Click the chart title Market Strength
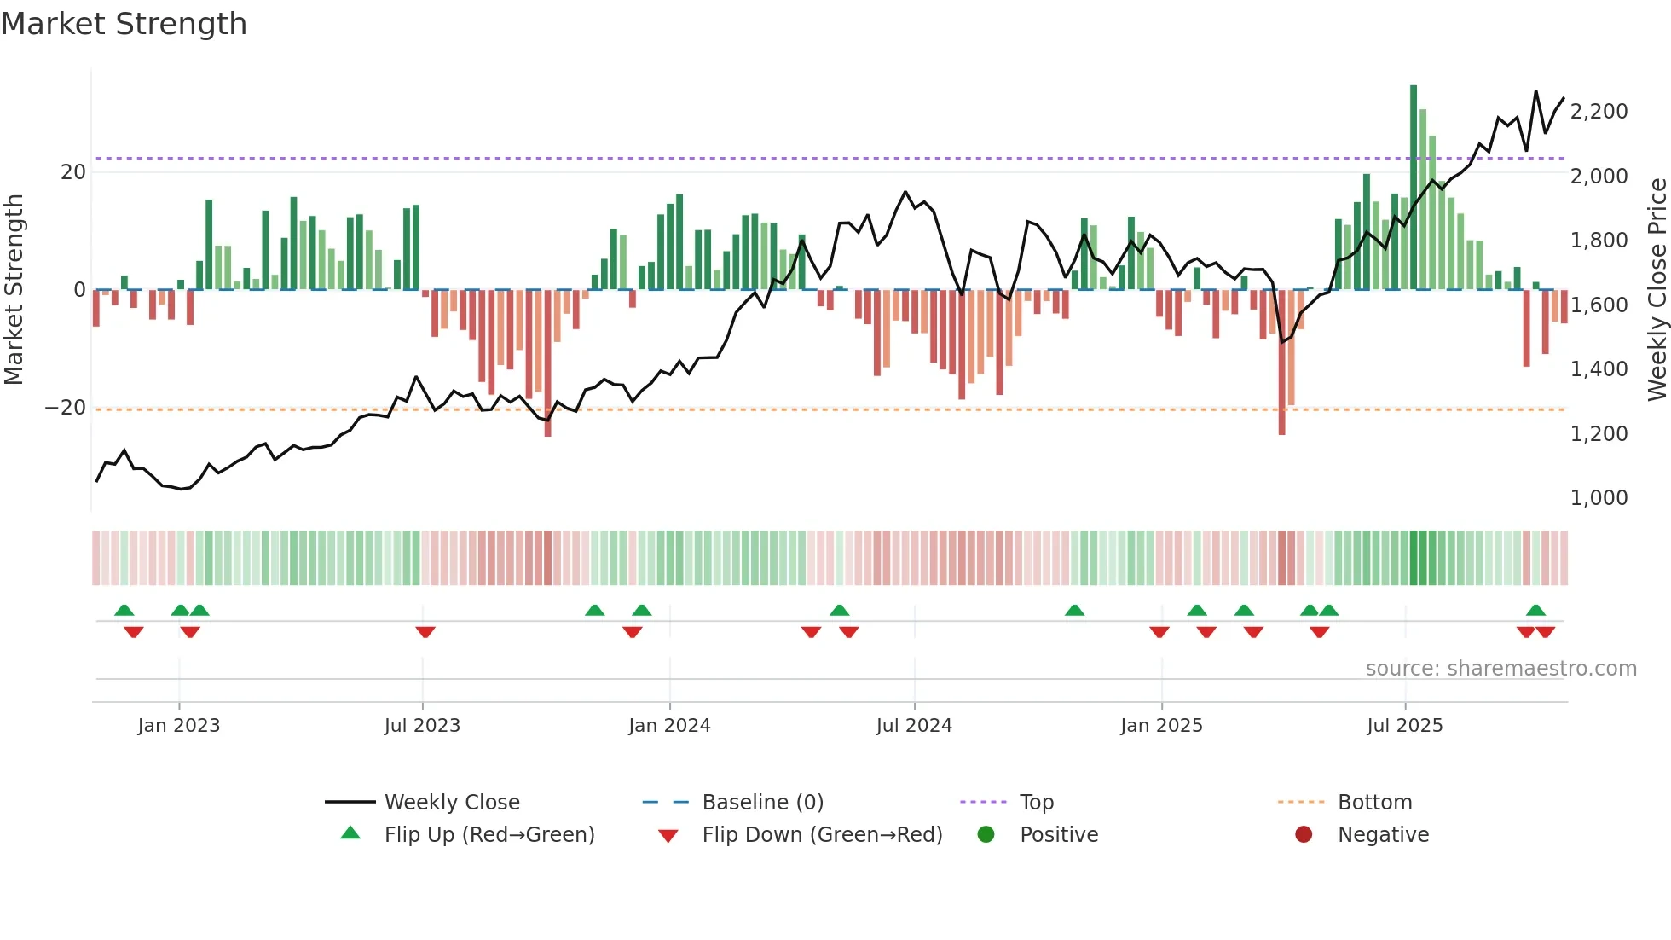click(124, 24)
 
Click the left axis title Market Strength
click(14, 289)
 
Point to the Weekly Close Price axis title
click(1657, 289)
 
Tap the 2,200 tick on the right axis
click(1599, 112)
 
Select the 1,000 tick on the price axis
click(1599, 498)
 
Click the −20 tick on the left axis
click(66, 408)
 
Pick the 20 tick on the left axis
click(73, 172)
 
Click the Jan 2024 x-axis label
click(669, 726)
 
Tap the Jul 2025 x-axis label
click(1404, 726)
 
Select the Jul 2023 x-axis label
click(422, 726)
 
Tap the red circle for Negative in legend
click(1304, 834)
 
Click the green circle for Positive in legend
click(986, 834)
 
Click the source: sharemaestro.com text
click(1500, 669)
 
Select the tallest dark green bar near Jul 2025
click(1414, 188)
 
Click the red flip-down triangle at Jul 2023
click(425, 632)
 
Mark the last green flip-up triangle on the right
click(1535, 610)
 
